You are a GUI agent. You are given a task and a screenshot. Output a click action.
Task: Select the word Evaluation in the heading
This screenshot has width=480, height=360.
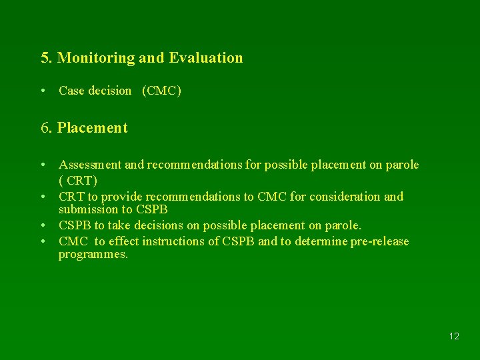tap(206, 58)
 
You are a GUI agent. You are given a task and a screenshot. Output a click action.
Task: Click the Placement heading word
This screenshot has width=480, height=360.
tap(93, 127)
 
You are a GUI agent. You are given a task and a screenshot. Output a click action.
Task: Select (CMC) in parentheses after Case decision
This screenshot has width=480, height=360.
tap(161, 91)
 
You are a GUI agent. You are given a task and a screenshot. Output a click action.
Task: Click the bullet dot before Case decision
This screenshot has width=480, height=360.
tap(43, 91)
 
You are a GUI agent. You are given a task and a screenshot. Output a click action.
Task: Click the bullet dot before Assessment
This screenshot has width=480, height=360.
tap(43, 165)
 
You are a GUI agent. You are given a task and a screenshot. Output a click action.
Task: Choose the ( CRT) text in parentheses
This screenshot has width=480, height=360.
tap(78, 181)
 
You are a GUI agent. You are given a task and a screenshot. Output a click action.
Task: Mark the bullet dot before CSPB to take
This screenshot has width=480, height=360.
tap(43, 225)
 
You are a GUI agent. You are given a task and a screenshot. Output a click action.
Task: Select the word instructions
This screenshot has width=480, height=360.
tap(172, 241)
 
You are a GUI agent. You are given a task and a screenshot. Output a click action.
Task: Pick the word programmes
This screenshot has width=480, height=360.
tap(93, 255)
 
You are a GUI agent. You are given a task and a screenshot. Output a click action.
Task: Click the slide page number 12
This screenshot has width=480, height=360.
tap(454, 336)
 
